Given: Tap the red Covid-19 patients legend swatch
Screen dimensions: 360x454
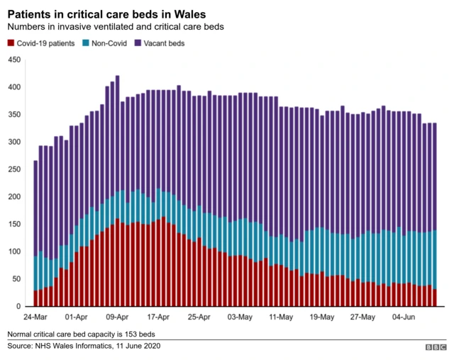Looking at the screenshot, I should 11,43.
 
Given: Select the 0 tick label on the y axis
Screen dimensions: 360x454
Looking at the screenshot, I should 18,307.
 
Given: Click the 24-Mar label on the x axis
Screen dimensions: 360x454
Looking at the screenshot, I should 35,317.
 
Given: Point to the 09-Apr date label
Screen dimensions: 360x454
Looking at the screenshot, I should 117,317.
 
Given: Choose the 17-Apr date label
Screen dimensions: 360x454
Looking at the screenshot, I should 158,317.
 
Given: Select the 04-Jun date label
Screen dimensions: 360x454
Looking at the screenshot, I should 405,317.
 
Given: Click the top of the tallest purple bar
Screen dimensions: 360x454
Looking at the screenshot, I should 117,77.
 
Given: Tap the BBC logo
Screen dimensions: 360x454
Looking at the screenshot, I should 434,347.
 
